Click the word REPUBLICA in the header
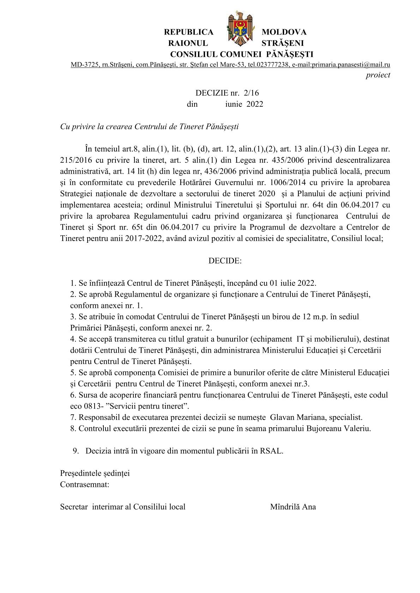(x=188, y=32)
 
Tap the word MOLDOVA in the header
(x=284, y=32)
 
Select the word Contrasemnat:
(x=85, y=484)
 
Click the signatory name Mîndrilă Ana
(x=293, y=507)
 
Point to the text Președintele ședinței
(x=95, y=473)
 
